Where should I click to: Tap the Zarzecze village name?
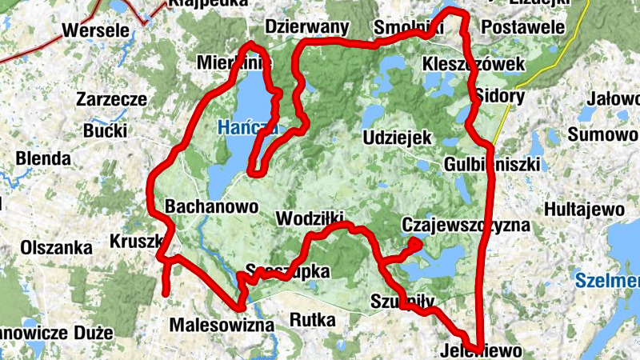(x=111, y=100)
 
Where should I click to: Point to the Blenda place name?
(x=43, y=158)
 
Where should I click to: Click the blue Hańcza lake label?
(x=246, y=126)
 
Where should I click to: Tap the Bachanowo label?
(x=211, y=206)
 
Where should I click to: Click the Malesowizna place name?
(x=222, y=326)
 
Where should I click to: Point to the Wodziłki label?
(x=309, y=218)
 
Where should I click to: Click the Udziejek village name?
(x=397, y=138)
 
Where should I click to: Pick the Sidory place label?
(x=499, y=97)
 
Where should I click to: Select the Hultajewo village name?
(x=583, y=210)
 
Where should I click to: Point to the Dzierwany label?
(x=307, y=27)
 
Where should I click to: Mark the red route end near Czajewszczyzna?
(x=416, y=242)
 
